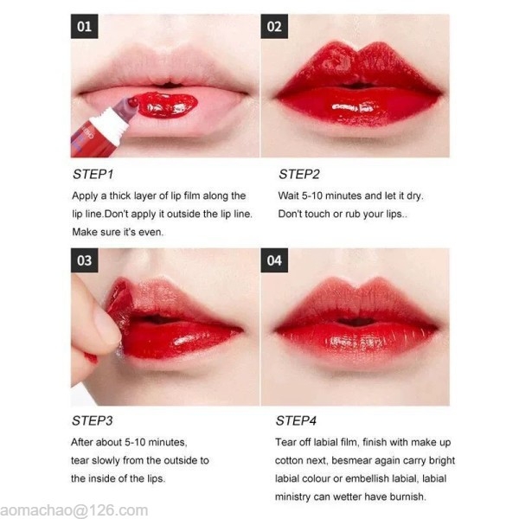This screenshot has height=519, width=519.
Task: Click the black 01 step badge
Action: click(84, 27)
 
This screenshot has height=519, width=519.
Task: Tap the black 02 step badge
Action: click(274, 27)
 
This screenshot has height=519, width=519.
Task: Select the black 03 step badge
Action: click(84, 260)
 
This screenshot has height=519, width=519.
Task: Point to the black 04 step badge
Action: click(274, 260)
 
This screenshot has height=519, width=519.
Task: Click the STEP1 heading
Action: click(93, 175)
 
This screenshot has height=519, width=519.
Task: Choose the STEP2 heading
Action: click(299, 175)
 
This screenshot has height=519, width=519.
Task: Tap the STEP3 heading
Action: click(93, 420)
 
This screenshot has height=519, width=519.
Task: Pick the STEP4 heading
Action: click(296, 420)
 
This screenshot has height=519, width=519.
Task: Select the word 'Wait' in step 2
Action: click(288, 195)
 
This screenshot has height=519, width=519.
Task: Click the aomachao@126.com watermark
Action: click(74, 510)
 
